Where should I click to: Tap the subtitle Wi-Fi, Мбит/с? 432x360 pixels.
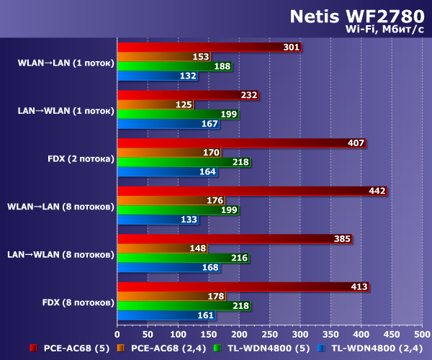[385, 30]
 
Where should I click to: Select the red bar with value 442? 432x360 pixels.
[252, 191]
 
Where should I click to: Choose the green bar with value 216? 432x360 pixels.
[183, 257]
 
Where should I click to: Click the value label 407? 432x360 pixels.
[356, 143]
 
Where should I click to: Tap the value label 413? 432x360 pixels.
[359, 287]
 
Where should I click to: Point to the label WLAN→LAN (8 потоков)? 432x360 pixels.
[60, 206]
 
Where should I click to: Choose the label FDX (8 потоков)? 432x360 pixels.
[76, 301]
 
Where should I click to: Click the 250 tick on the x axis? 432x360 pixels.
[269, 334]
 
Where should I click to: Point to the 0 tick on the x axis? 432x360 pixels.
[117, 334]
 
